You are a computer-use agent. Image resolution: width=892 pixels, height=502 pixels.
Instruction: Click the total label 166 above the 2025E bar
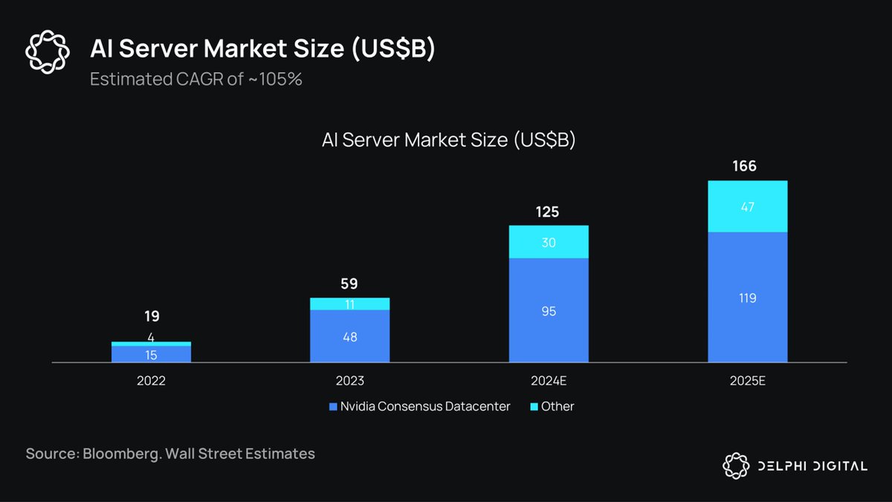click(x=744, y=166)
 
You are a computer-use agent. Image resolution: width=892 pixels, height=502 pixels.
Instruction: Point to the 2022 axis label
click(x=151, y=381)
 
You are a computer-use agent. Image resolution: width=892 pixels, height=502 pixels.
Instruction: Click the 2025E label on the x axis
click(x=747, y=381)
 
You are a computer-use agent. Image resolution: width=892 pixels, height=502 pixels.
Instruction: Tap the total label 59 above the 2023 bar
click(x=349, y=284)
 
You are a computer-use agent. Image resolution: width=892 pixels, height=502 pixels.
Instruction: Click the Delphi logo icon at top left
click(x=47, y=52)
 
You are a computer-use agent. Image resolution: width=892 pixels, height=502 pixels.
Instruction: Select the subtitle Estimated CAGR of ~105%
click(x=196, y=79)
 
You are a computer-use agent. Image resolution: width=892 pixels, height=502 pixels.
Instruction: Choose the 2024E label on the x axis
click(x=548, y=381)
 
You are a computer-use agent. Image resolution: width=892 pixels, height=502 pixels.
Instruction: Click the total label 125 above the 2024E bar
click(x=548, y=212)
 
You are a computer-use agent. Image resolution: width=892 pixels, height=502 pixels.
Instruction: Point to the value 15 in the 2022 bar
click(x=151, y=355)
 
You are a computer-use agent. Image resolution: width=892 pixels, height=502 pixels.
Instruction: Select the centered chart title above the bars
click(x=448, y=140)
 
